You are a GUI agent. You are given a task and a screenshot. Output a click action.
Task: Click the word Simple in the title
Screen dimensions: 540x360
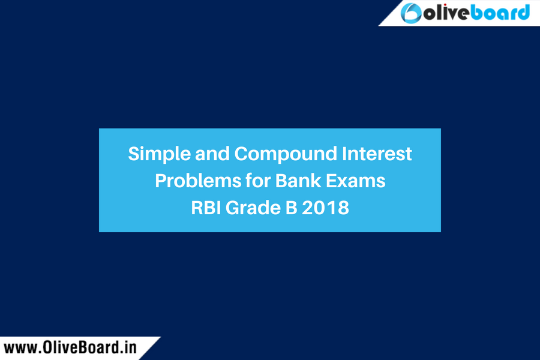pos(159,154)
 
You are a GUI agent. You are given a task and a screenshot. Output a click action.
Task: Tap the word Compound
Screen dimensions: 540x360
pos(286,154)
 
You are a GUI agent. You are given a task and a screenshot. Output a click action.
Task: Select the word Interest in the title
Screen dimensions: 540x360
pos(377,154)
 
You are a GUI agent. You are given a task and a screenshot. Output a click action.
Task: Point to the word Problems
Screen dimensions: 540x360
pos(198,181)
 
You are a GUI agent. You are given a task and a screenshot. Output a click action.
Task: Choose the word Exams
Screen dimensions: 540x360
pos(356,181)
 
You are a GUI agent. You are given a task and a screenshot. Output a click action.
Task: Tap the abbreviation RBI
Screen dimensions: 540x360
pos(206,208)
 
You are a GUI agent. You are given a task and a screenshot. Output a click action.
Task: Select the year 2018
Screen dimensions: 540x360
pos(325,208)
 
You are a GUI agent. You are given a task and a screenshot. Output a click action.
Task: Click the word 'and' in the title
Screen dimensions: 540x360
pos(212,154)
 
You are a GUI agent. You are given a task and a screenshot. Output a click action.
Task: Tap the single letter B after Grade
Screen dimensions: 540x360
pos(292,208)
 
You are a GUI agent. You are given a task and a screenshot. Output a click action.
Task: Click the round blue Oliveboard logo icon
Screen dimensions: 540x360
pos(411,13)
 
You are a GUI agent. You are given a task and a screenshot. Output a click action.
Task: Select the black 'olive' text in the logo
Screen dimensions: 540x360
pos(447,13)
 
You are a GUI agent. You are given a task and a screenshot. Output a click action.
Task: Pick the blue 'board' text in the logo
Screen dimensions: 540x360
pos(500,13)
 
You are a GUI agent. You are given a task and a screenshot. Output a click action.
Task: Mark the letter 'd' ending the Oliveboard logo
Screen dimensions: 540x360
pos(523,13)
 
